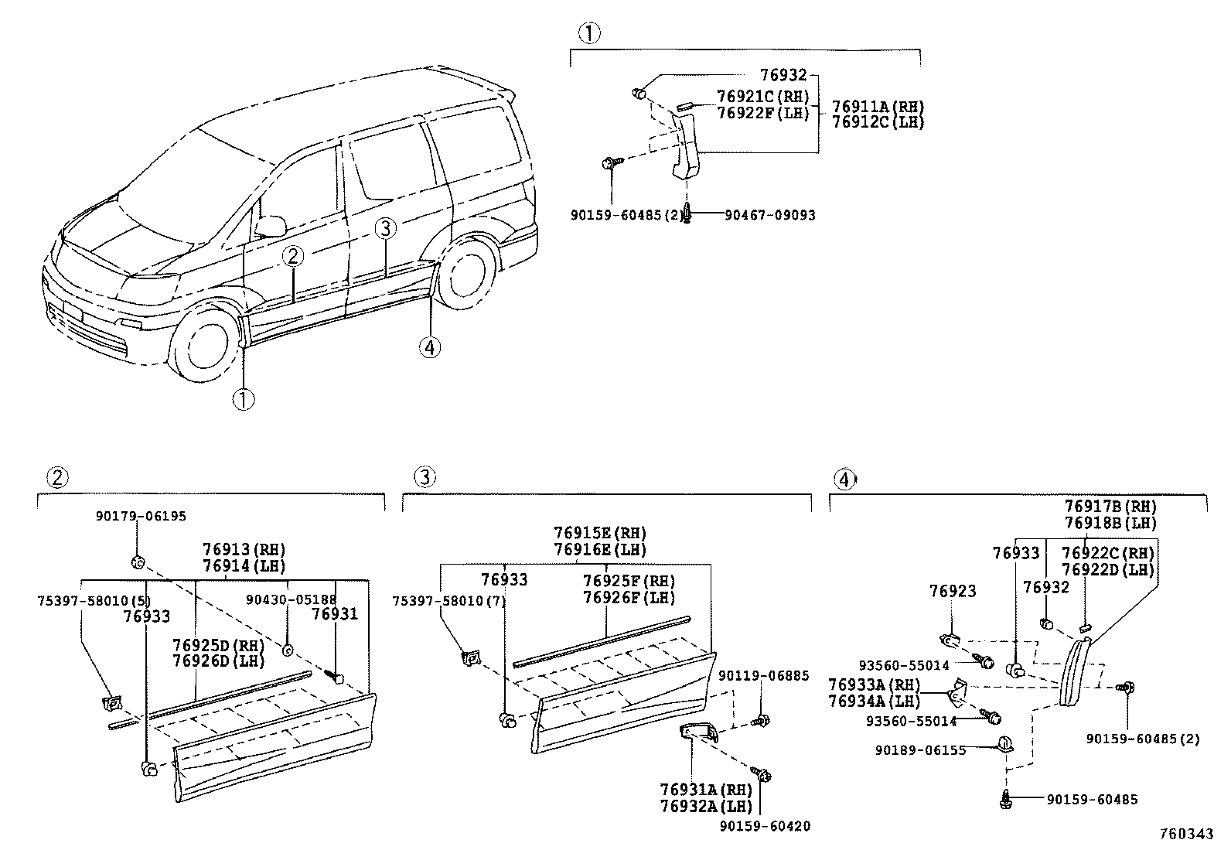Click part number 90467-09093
769,215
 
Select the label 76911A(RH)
878,107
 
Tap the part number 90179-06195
141,517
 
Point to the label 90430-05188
292,600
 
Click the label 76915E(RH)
600,533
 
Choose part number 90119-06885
763,676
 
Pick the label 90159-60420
765,826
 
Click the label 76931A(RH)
706,790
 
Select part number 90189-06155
920,750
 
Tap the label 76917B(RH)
1110,507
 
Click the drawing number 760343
1186,834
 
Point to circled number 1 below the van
244,400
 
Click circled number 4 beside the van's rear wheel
430,347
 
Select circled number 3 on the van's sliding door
385,228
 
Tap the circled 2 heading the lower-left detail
58,477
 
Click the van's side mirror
271,226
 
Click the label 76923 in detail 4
953,591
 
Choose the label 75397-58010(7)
448,601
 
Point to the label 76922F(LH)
762,113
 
